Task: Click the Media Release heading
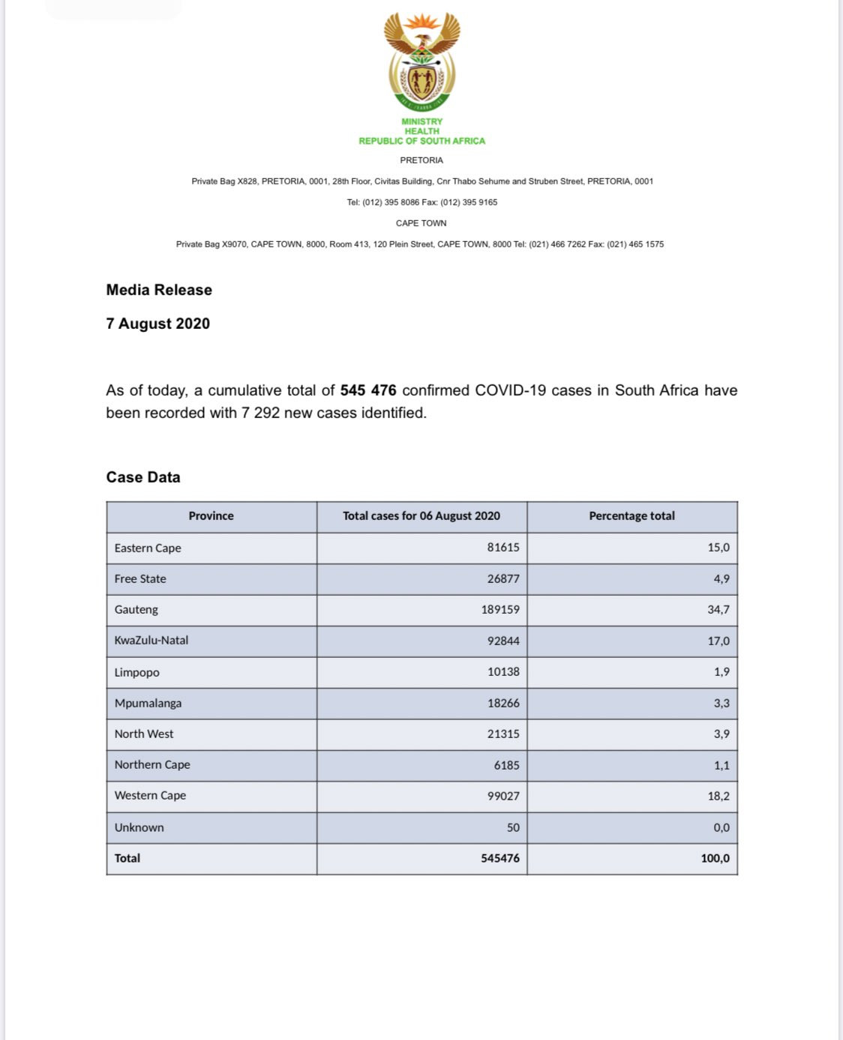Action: [159, 290]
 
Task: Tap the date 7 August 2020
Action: [157, 324]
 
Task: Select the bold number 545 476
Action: [367, 390]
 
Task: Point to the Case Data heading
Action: [143, 477]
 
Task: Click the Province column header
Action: [211, 516]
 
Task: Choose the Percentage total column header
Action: [631, 516]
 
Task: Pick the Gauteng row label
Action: [136, 610]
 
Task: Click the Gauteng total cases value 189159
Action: [500, 610]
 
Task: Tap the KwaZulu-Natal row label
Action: [151, 641]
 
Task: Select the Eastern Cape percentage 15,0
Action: [718, 548]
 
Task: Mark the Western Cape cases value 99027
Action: [503, 796]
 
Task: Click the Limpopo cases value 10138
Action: [503, 672]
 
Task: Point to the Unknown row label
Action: [139, 828]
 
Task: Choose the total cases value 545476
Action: [500, 859]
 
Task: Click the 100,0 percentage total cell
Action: [715, 859]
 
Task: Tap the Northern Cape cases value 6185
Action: [506, 765]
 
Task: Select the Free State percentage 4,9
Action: [721, 579]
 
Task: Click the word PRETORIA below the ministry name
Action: [421, 160]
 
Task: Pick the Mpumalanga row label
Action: [148, 704]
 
